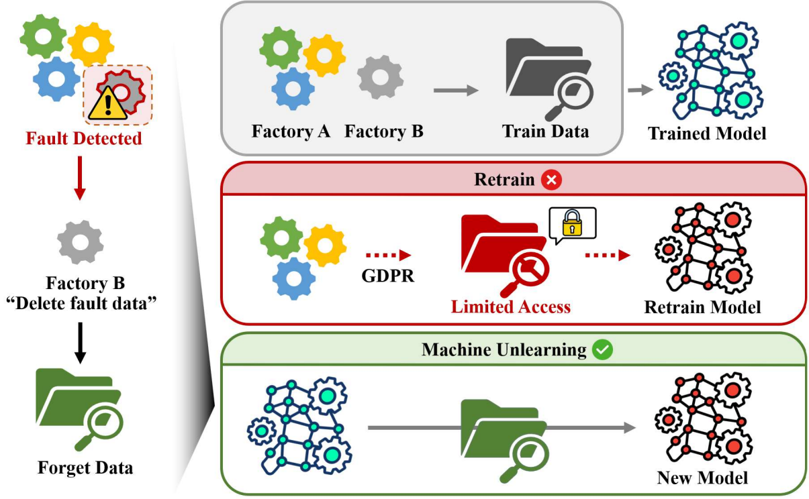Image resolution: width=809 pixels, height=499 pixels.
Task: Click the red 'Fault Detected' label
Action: [84, 139]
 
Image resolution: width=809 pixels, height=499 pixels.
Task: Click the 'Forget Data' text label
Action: [85, 467]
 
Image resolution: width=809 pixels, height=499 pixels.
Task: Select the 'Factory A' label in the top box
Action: [291, 131]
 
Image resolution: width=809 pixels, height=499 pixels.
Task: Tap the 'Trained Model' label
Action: [707, 133]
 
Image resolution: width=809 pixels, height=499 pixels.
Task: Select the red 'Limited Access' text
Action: [510, 307]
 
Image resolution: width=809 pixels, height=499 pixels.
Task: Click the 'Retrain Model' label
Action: [702, 308]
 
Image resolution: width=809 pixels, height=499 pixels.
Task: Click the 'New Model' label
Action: [702, 478]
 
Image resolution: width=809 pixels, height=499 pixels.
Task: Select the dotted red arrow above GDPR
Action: [387, 256]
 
